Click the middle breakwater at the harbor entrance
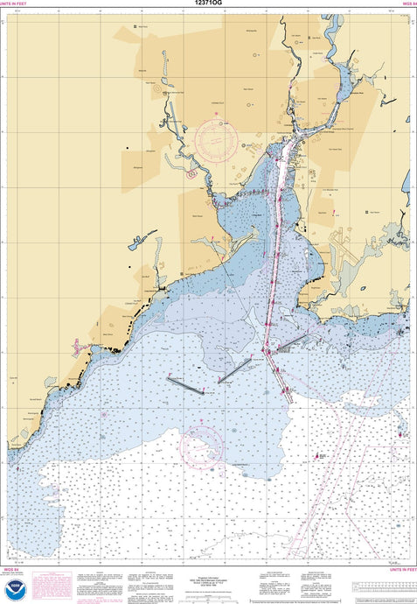pos(234,369)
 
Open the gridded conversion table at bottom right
pos(385,587)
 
